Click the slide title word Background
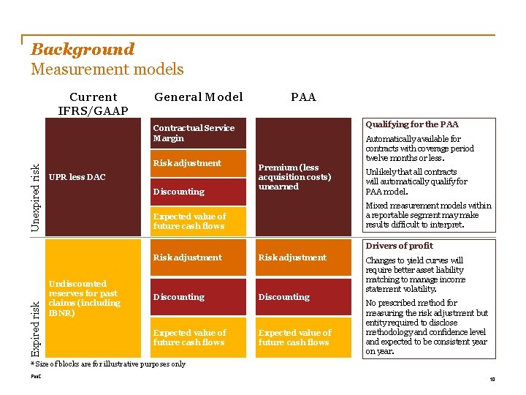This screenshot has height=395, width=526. [x=83, y=50]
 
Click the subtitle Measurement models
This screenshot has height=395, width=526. [x=107, y=69]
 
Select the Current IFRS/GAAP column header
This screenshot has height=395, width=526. [x=93, y=104]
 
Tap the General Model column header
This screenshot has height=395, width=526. [x=198, y=97]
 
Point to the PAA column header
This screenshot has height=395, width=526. [x=303, y=97]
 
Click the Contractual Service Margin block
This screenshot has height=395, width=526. [x=194, y=133]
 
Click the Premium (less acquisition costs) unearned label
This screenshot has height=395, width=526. [x=294, y=177]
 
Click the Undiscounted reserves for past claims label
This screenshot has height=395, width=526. [x=83, y=298]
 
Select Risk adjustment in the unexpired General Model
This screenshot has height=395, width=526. [x=187, y=163]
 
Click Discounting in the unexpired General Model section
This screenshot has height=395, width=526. [x=179, y=192]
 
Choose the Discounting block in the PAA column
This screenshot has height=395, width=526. [x=284, y=297]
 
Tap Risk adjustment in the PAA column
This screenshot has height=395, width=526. [x=292, y=257]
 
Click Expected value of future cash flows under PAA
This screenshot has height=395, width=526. [x=294, y=337]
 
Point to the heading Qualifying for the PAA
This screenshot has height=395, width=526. [x=412, y=124]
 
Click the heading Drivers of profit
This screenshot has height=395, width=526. [x=399, y=246]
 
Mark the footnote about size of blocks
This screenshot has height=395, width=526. [x=107, y=364]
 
